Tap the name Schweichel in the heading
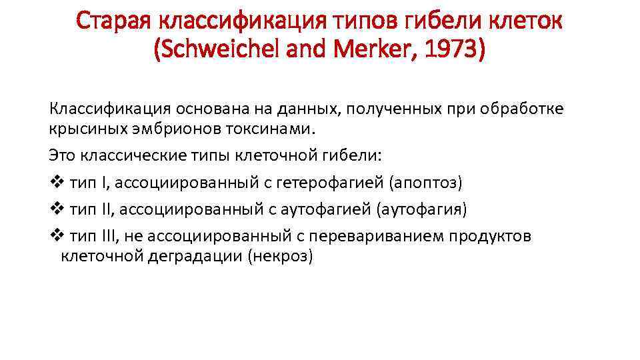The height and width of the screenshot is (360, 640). pos(219,50)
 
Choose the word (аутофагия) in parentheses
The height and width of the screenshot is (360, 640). pos(422,210)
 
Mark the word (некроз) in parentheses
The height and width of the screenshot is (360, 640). pos(279,256)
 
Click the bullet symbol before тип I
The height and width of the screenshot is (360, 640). pos(55,181)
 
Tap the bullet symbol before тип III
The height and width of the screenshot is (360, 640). pos(55,237)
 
